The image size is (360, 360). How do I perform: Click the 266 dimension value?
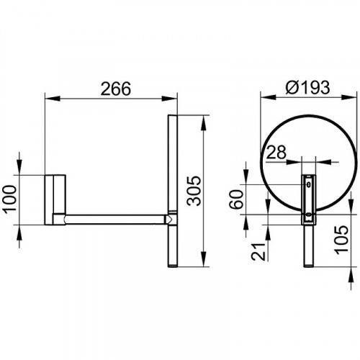[116, 89]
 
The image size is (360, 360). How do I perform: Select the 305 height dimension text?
[194, 191]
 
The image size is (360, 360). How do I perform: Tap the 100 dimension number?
[9, 198]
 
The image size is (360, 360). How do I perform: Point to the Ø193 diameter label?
[307, 87]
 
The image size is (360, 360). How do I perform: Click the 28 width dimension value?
[276, 152]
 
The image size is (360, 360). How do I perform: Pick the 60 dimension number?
[236, 199]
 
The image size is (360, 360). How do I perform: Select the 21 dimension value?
[258, 251]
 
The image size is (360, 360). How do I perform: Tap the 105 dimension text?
[341, 240]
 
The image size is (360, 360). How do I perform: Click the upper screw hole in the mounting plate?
[309, 184]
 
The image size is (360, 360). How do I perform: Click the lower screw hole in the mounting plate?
[309, 215]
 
